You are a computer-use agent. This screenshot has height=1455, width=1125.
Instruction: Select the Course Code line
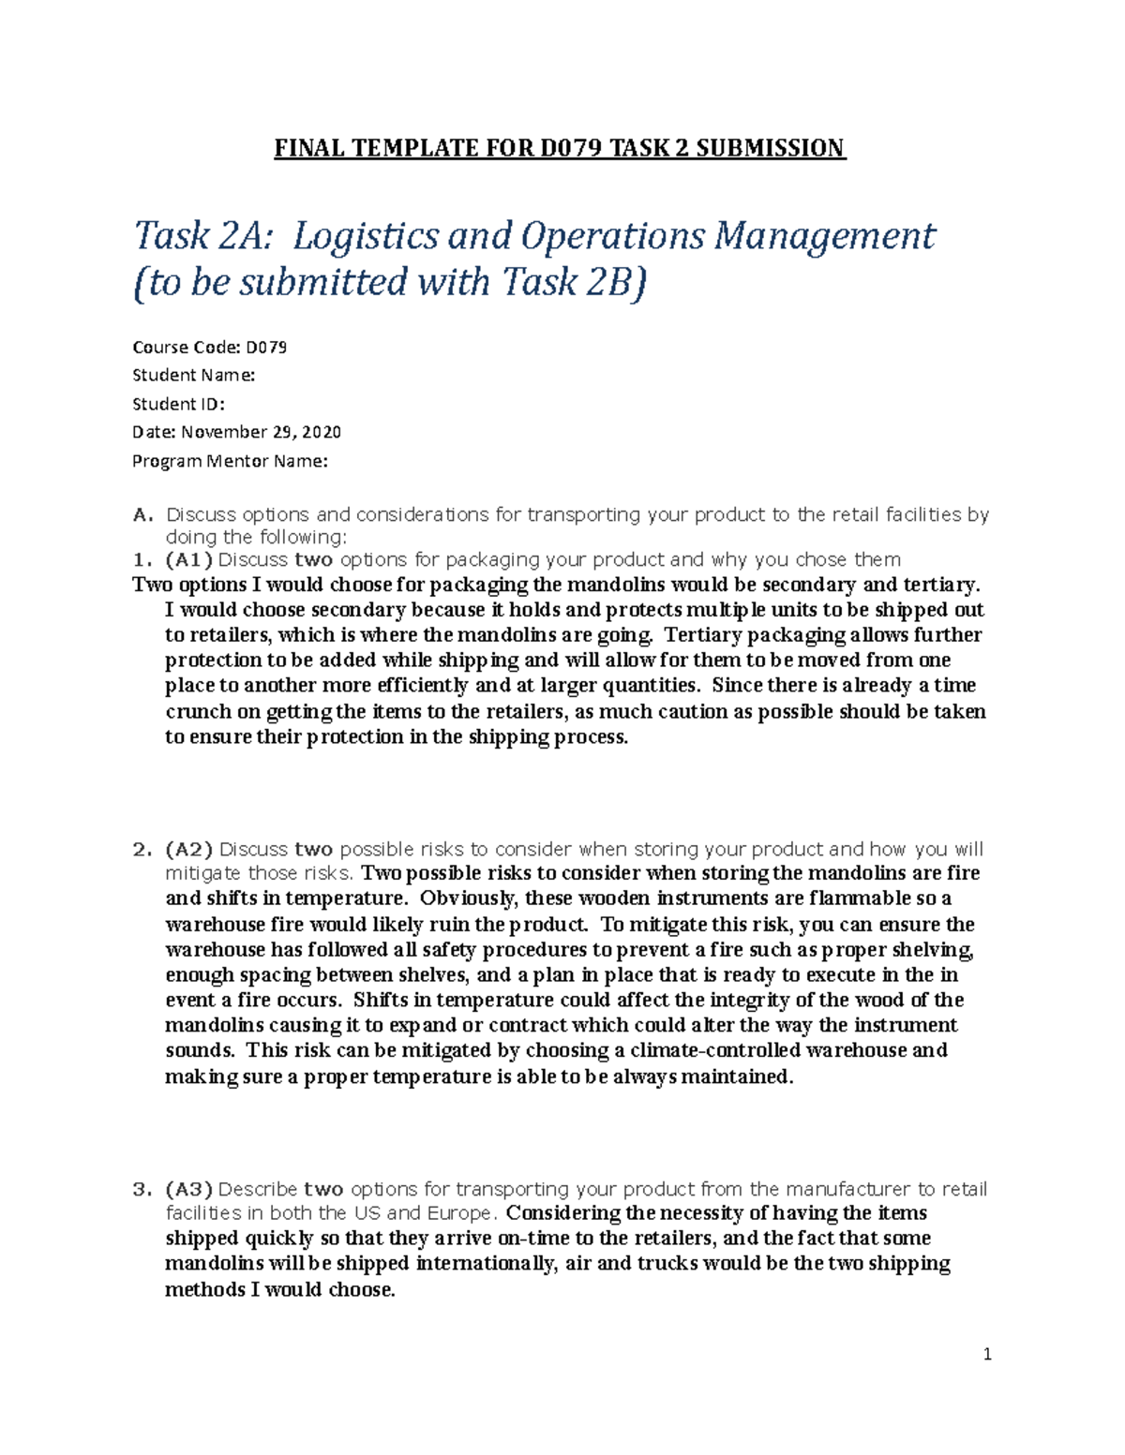pyautogui.click(x=209, y=348)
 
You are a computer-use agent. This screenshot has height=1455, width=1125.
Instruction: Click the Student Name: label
pyautogui.click(x=193, y=376)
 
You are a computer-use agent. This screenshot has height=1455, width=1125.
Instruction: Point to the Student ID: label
pyautogui.click(x=178, y=404)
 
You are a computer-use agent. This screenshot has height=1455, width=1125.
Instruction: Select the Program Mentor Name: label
pyautogui.click(x=230, y=461)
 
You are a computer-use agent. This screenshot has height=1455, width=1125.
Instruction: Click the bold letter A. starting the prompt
pyautogui.click(x=142, y=514)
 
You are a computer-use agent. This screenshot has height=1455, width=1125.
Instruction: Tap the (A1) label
pyautogui.click(x=188, y=560)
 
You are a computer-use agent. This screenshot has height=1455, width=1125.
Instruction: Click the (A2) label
pyautogui.click(x=188, y=850)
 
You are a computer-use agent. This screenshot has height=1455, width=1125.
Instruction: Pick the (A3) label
pyautogui.click(x=188, y=1190)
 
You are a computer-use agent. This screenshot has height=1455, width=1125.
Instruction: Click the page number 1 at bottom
pyautogui.click(x=987, y=1354)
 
